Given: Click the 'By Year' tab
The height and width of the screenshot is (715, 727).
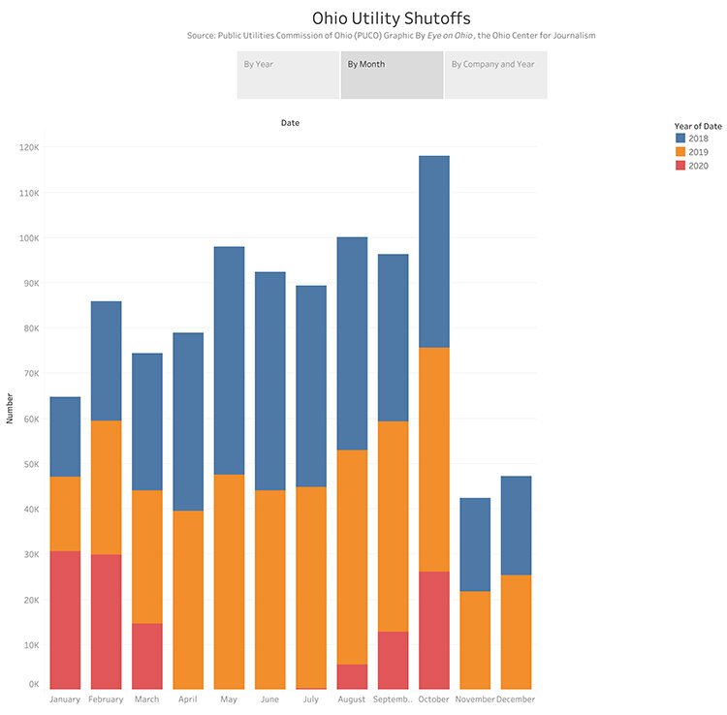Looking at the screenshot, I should [288, 75].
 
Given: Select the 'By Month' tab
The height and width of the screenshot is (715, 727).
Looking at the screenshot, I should [392, 75].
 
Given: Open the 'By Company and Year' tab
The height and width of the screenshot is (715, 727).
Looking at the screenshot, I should [495, 75].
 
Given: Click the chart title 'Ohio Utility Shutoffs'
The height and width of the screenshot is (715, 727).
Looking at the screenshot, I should [392, 17].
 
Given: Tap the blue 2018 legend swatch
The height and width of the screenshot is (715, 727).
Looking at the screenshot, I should [680, 139].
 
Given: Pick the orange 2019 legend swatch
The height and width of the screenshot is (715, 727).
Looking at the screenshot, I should [680, 152].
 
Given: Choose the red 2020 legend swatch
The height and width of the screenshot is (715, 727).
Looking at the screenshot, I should [680, 166].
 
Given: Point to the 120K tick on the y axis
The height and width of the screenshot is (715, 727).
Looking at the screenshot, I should [27, 147].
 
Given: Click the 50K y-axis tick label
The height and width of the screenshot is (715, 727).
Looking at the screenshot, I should [27, 464].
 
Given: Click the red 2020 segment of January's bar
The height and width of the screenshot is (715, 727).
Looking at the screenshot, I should [65, 620].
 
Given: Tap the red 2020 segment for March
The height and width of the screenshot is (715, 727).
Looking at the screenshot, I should [147, 656].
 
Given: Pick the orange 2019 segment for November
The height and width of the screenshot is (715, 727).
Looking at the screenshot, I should [474, 639].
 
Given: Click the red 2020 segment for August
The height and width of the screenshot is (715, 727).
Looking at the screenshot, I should [352, 676].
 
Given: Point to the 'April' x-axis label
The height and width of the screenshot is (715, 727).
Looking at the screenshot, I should [188, 699].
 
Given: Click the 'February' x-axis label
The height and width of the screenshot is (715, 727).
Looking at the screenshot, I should [106, 699].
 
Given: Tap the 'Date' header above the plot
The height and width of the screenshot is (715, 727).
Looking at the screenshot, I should [290, 123].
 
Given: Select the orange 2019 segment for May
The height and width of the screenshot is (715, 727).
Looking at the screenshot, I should [229, 581].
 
